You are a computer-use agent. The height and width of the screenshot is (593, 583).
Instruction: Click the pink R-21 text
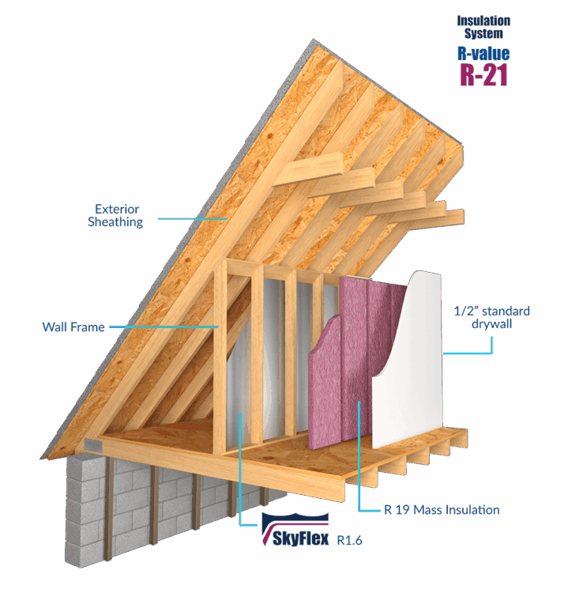[483, 74]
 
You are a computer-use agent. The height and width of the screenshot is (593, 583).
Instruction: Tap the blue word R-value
[483, 54]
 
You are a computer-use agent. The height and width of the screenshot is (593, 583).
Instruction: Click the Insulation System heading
[483, 27]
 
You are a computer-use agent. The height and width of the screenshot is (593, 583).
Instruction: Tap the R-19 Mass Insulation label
[442, 511]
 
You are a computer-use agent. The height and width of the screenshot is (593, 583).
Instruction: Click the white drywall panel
[407, 372]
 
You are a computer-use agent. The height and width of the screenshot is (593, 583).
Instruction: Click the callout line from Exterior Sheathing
[190, 217]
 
